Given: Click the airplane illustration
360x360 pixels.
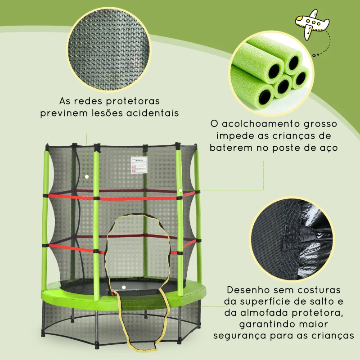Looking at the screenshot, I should coord(310,27).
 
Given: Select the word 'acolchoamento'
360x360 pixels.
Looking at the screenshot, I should coord(258,123).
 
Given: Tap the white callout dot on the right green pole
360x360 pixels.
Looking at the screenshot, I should coord(180,190).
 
